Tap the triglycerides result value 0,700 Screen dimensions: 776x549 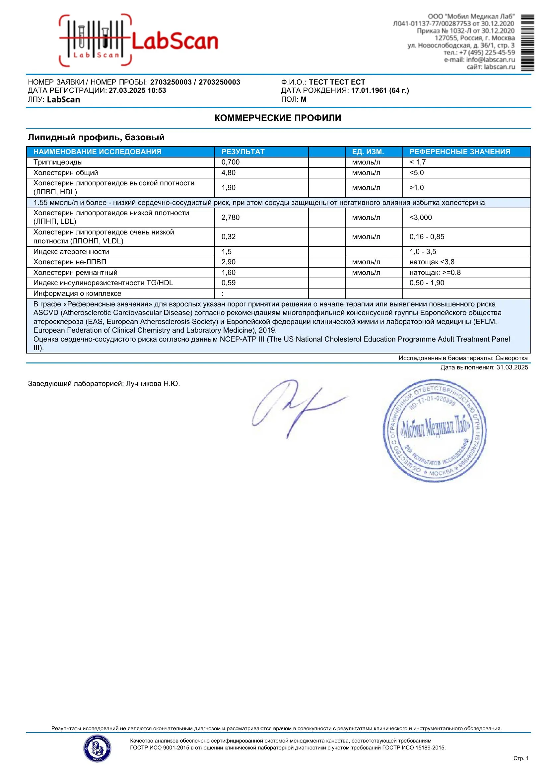click(230, 162)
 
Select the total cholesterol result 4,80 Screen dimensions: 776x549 click(228, 173)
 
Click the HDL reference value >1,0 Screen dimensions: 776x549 click(417, 188)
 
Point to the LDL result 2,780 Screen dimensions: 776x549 click(230, 217)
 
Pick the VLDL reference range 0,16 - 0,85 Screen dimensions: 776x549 click(427, 236)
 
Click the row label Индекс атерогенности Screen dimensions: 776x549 click(71, 251)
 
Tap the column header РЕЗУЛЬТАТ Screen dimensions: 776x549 click(243, 152)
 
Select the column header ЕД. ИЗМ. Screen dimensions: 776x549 click(368, 152)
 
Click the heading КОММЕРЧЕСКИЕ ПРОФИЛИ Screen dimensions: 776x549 click(278, 118)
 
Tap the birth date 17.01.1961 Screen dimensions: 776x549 click(369, 91)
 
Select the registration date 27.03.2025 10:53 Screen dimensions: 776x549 click(137, 91)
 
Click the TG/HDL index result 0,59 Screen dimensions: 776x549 click(228, 283)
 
